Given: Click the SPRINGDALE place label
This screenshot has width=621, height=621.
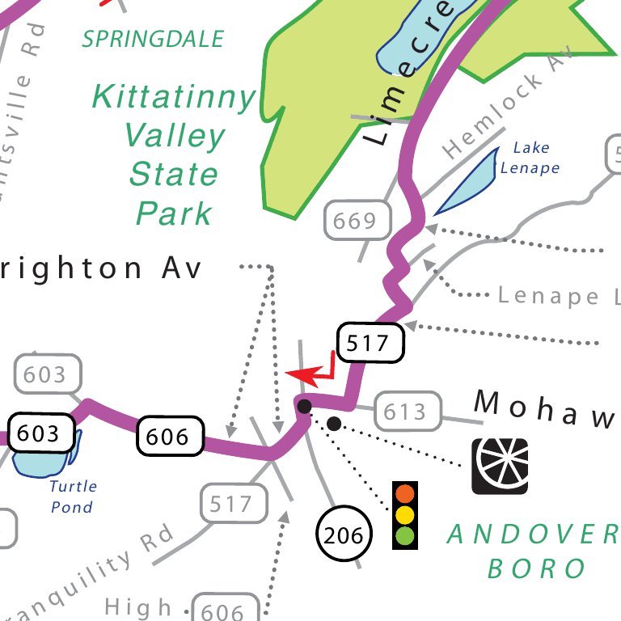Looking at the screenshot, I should click(153, 38).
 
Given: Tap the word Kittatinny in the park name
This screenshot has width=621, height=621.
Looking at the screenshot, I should click(173, 98).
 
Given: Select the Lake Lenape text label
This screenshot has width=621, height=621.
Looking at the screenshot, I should click(530, 158).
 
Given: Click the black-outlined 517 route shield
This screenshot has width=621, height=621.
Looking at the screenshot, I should click(368, 344).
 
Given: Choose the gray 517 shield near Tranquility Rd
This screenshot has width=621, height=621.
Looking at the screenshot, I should click(231, 505).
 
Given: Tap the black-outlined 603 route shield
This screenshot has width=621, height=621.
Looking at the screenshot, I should click(39, 434).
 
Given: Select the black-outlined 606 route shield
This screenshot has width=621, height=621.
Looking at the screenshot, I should click(167, 437).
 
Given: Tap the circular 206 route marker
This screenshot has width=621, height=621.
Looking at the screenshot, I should click(344, 534).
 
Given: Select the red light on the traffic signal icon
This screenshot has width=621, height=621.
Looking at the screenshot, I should click(405, 494).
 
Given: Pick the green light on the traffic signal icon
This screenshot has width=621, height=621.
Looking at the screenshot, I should click(405, 535).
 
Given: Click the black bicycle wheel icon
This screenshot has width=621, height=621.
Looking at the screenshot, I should click(500, 467).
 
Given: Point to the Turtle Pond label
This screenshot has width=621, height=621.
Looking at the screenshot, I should click(72, 496).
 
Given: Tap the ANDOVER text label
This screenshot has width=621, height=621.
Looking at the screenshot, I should click(532, 534).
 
